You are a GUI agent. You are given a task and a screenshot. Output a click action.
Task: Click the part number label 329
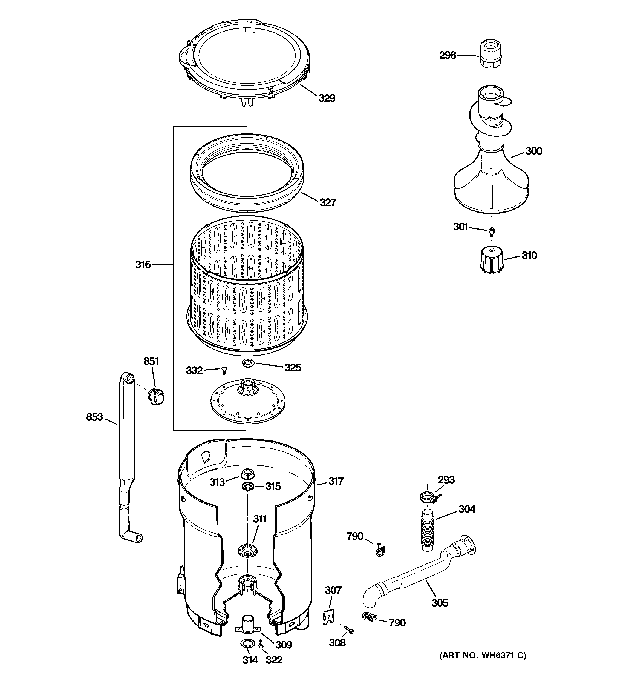coord(327,98)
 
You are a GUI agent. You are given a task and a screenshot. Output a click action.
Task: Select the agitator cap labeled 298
coord(490,54)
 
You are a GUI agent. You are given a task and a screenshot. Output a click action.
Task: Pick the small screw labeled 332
coord(224,370)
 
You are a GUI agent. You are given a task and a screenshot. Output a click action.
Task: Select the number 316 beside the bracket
coord(143,264)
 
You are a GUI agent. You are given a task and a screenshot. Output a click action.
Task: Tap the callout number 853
coord(94,417)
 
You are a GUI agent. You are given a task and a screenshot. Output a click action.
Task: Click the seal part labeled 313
coord(248,474)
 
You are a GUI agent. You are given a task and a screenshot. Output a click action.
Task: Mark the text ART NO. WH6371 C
coord(482,655)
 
